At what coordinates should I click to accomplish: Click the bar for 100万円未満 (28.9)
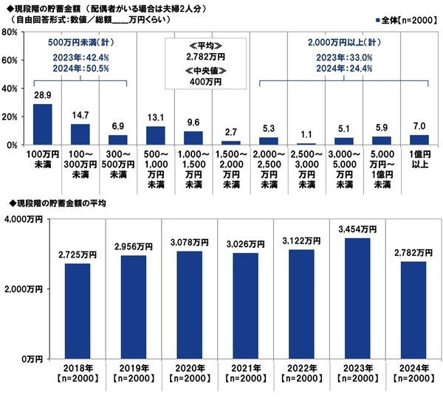(42, 125)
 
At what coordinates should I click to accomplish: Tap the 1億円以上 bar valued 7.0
(419, 140)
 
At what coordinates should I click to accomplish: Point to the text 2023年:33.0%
(343, 57)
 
